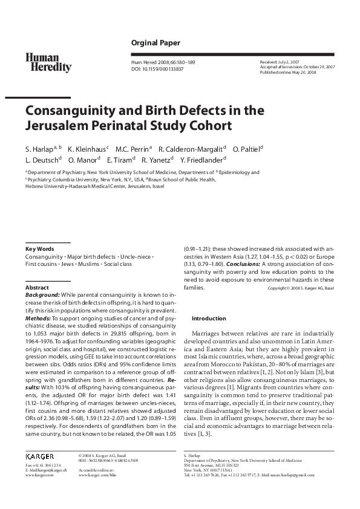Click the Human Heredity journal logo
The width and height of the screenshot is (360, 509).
[48, 62]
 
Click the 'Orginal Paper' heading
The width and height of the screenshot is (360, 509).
[155, 42]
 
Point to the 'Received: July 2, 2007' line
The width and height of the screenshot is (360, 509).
[280, 62]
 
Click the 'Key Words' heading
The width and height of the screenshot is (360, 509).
[39, 248]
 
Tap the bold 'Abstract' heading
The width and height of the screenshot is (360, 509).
[37, 287]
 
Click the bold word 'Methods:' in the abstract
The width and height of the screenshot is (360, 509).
[38, 317]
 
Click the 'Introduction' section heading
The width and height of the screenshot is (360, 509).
[209, 319]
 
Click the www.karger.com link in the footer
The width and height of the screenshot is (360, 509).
[39, 475]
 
